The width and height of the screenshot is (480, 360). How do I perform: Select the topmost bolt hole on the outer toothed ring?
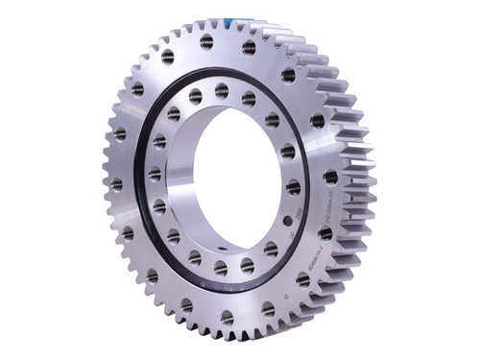coord(206,41)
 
